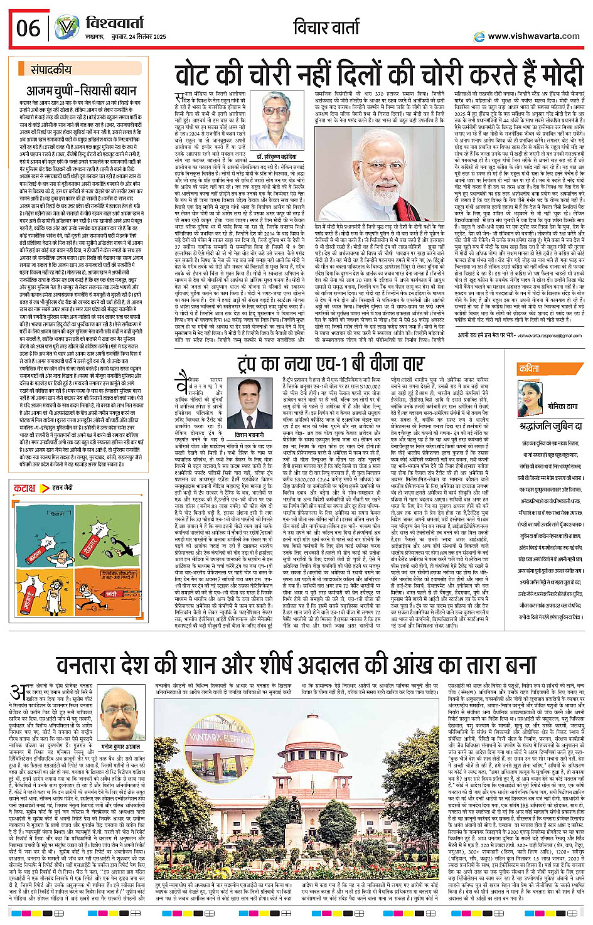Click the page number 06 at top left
pos(28,28)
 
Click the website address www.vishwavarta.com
pos(533,36)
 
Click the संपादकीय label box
pos(51,70)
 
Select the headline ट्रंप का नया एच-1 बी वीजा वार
pos(331,365)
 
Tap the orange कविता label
pos(530,369)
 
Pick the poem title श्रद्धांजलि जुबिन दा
pos(550,425)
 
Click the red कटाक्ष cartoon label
pos(25,488)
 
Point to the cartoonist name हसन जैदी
pos(62,488)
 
